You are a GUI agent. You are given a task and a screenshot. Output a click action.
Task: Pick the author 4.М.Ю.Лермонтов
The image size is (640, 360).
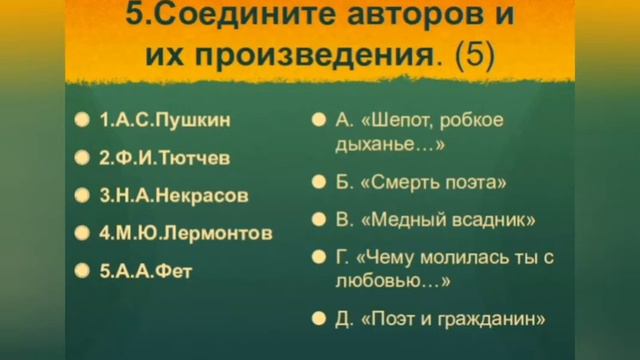click(x=185, y=233)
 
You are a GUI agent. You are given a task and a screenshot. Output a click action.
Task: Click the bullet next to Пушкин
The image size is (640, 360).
click(x=81, y=120)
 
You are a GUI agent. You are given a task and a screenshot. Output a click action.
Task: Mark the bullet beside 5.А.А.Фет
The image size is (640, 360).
click(x=81, y=271)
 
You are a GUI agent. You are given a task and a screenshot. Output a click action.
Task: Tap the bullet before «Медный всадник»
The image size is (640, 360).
click(x=317, y=219)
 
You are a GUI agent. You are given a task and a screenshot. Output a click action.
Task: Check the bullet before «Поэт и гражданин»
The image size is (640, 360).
click(x=317, y=320)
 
